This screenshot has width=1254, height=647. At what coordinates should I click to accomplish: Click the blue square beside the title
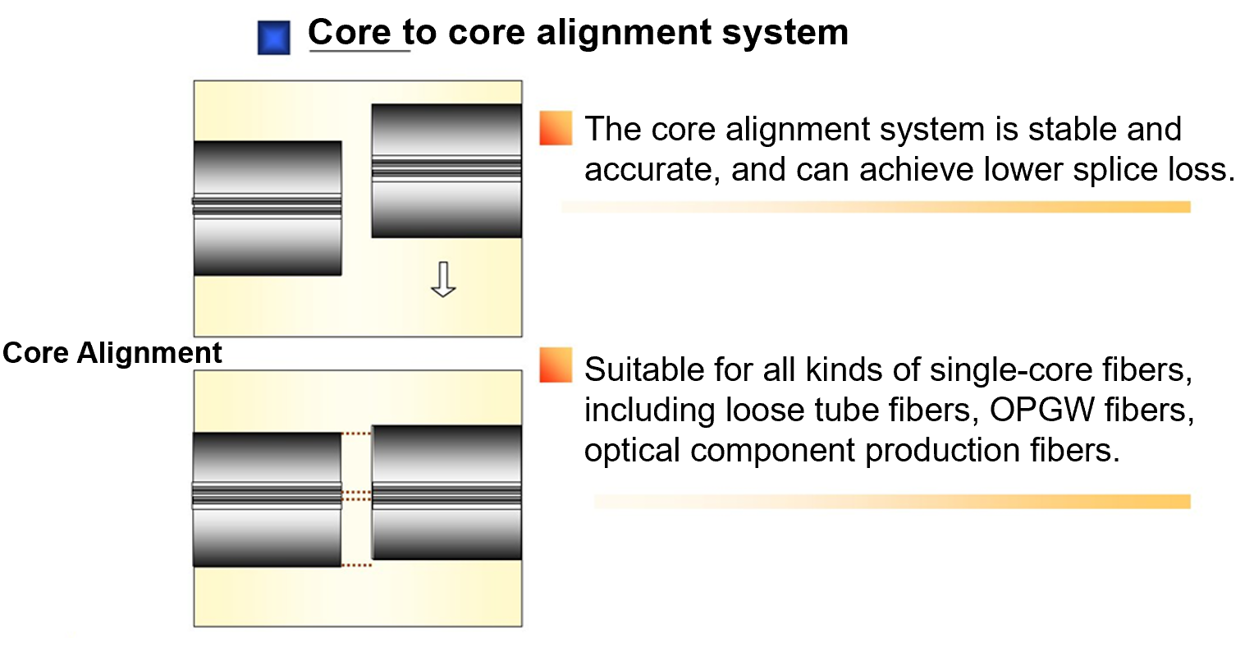pos(273,38)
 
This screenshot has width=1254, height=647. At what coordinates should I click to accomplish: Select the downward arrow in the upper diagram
pos(443,279)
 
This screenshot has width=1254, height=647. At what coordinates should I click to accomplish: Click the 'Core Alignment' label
pos(112,353)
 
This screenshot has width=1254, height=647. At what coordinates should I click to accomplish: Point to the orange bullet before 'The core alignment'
pos(556,128)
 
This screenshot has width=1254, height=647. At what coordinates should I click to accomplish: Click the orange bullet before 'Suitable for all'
pos(556,365)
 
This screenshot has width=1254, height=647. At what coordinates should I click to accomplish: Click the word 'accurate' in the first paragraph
pos(651,170)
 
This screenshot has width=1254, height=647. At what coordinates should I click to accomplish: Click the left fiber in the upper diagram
pos(268,208)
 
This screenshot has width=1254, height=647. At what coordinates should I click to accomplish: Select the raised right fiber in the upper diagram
pos(446,170)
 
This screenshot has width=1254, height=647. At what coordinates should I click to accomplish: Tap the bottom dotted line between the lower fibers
pos(356,565)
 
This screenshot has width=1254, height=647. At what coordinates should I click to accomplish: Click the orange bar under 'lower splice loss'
pos(876,207)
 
